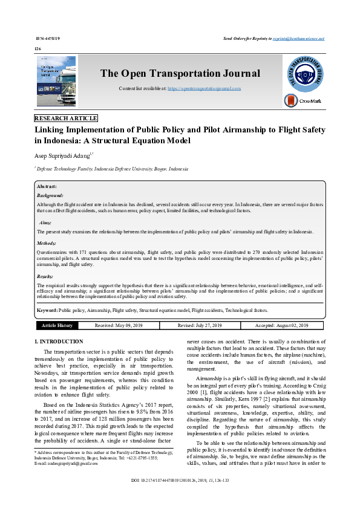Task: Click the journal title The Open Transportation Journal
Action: (x=180, y=74)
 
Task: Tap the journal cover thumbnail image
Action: (x=56, y=82)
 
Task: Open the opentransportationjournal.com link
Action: (x=204, y=88)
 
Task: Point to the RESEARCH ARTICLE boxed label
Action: (x=66, y=118)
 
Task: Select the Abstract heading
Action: (x=47, y=187)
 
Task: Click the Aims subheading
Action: (x=46, y=222)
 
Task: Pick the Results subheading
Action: (x=47, y=276)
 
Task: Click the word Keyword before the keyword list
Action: (x=47, y=310)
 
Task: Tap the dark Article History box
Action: (x=57, y=325)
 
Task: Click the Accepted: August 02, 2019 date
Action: (x=281, y=325)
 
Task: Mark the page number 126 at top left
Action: (x=38, y=48)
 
